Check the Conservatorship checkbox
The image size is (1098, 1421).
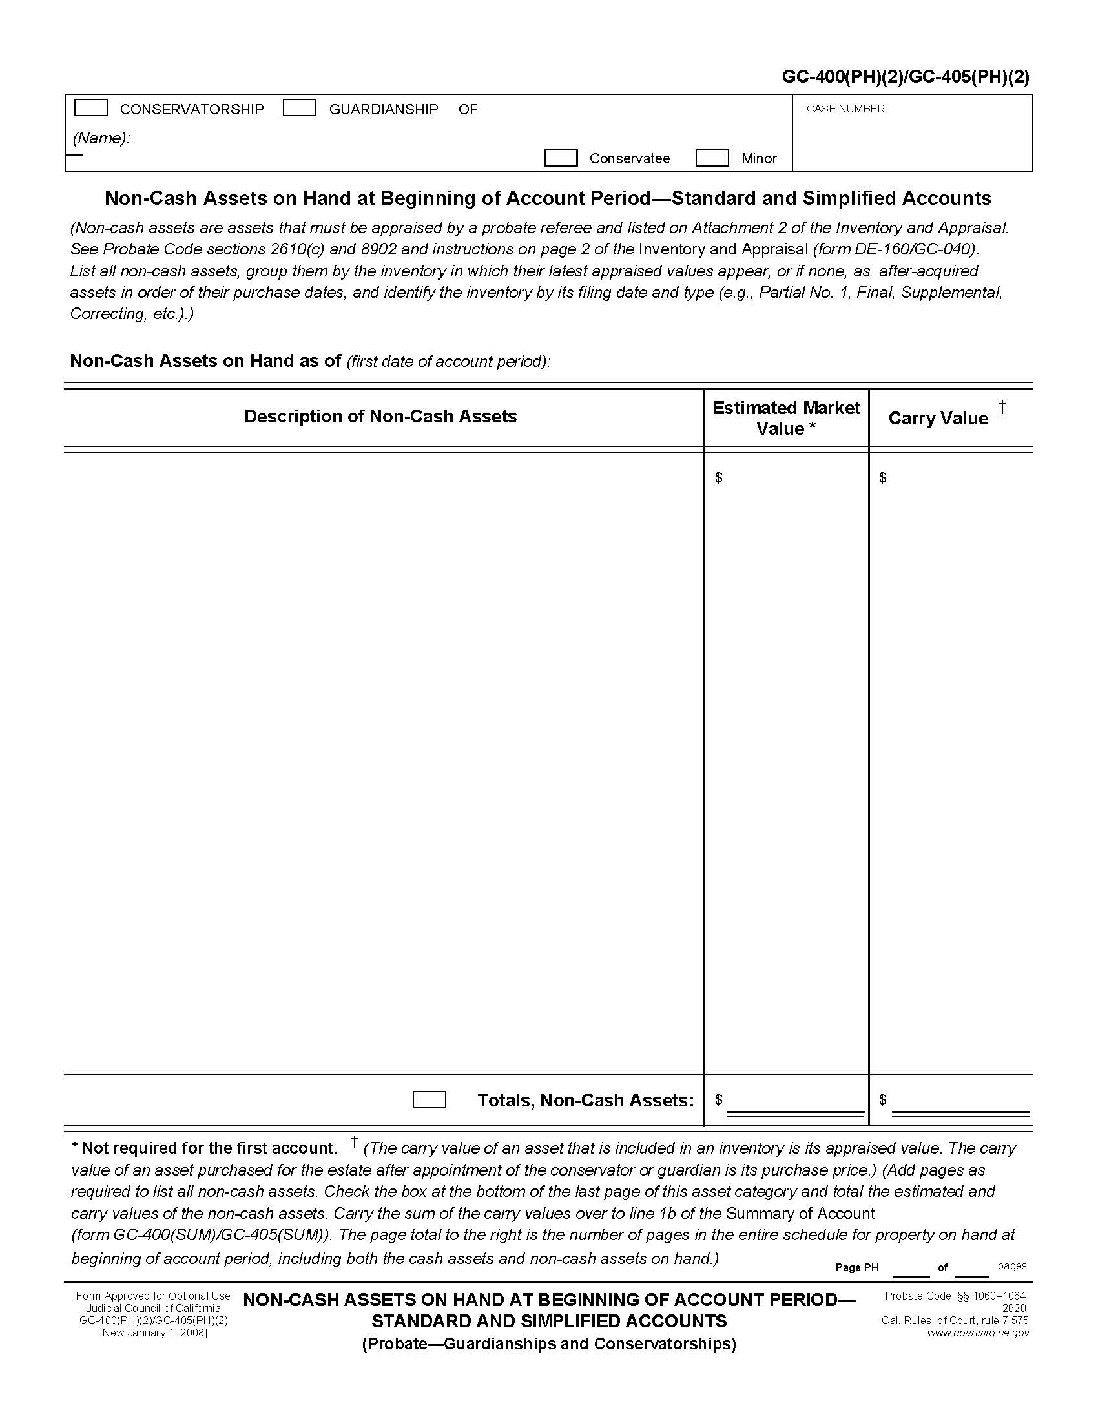[91, 108]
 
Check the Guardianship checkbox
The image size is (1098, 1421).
[299, 108]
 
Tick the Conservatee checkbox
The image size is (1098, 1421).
[560, 158]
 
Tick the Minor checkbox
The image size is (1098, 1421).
[712, 158]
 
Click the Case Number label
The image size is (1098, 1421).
[846, 109]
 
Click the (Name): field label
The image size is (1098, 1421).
[101, 138]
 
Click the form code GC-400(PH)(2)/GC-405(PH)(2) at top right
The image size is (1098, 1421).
[906, 78]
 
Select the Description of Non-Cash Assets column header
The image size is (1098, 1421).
[380, 417]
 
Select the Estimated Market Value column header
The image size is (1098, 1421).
[786, 418]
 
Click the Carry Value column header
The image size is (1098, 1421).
[937, 419]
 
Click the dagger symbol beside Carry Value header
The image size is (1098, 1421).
[1002, 408]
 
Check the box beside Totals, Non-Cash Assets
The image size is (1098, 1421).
[430, 1099]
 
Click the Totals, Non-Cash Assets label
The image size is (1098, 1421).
[585, 1100]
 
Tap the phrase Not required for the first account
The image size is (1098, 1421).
[209, 1148]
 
